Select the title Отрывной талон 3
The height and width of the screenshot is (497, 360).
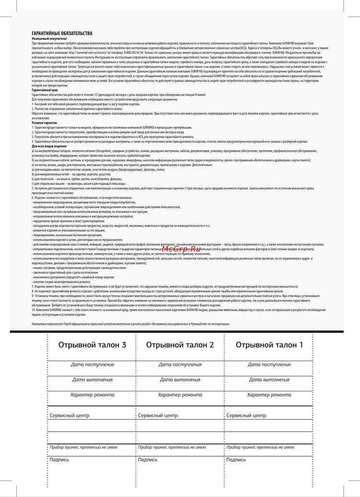tap(92, 345)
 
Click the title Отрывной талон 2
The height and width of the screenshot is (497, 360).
tap(180, 345)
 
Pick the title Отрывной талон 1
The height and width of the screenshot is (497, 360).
tap(269, 345)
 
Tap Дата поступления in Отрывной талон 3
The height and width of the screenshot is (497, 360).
tap(92, 364)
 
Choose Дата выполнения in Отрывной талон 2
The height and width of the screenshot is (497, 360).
tap(180, 379)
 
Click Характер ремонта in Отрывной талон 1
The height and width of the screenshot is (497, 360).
tap(269, 395)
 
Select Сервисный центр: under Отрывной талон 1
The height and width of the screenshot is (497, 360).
tap(246, 415)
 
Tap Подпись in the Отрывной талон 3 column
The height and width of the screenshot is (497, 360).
tap(59, 460)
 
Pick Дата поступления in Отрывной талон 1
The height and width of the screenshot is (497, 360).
tap(269, 364)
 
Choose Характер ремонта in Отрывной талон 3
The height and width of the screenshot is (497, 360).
tap(92, 395)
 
